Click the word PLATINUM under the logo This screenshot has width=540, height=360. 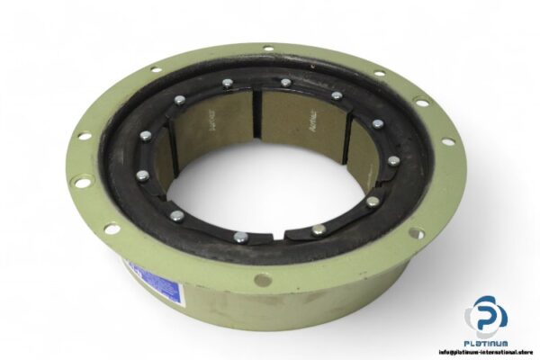486,343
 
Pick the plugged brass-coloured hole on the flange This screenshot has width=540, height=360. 263,280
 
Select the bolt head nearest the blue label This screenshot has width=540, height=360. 177,216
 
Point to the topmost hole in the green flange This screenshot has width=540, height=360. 268,48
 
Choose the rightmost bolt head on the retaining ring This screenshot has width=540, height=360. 393,162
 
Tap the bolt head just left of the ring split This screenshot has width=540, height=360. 240,238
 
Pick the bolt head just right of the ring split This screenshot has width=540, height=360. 318,230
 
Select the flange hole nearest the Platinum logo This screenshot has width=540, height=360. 415,234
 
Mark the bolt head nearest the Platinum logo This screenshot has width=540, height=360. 372,202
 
